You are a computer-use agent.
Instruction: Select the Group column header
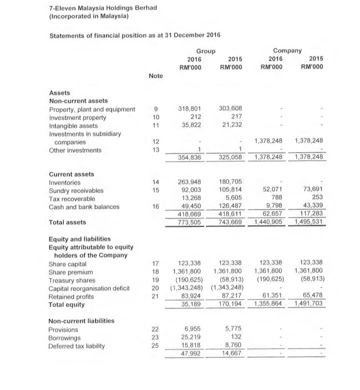(205, 51)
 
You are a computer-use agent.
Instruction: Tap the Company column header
(287, 50)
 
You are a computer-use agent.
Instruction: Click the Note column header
(155, 75)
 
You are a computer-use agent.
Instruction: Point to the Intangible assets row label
(73, 126)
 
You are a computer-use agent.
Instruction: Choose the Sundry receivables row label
(76, 191)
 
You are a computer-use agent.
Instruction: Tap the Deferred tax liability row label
(76, 346)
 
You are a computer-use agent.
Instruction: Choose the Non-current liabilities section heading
(81, 320)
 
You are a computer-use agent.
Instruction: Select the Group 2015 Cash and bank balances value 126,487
(230, 207)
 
